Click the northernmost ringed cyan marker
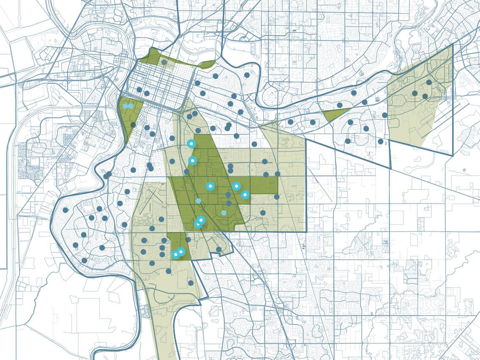pos(191,144)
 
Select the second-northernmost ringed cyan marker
pos(192,161)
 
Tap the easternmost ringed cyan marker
pos(245,194)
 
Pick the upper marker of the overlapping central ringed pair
pos(201,219)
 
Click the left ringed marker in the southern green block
pos(175,255)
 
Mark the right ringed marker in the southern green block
pos(181,252)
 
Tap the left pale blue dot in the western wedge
pos(126,106)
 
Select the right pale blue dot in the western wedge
pos(130,106)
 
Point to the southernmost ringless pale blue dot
pos(224,213)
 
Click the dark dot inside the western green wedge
pos(133,125)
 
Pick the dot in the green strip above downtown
pos(164,62)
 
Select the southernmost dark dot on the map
pos(191,282)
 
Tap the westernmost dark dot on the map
pos(65,210)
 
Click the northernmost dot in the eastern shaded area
pos(429,82)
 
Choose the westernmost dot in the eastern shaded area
pos(415,93)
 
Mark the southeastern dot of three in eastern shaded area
pos(425,97)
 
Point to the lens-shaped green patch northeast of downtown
pos(207,64)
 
